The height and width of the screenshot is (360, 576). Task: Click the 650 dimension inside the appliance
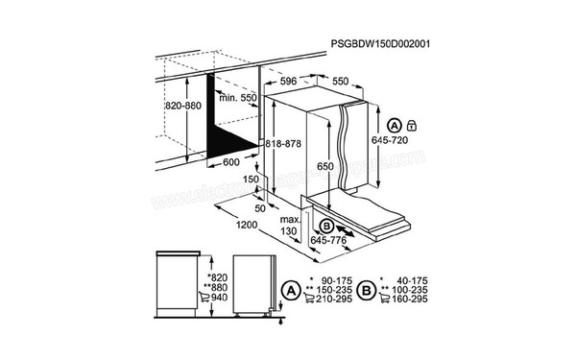pyautogui.click(x=325, y=166)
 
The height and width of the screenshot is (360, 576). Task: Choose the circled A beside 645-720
pyautogui.click(x=394, y=125)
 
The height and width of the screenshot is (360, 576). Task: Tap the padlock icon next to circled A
pyautogui.click(x=410, y=125)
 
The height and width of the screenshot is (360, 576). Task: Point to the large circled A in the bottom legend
pyautogui.click(x=289, y=286)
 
